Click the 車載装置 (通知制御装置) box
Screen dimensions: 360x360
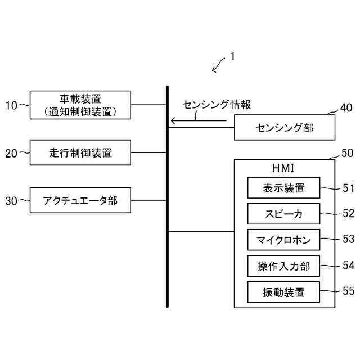click(80, 105)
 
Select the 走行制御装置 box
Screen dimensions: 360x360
click(80, 152)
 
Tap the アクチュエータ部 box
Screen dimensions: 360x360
click(80, 200)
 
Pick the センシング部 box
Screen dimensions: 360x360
click(285, 128)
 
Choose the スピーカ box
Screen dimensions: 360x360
click(283, 214)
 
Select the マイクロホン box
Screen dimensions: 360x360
click(283, 239)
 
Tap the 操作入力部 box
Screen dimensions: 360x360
click(283, 265)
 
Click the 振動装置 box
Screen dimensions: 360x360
click(283, 291)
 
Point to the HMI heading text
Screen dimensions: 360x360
click(283, 168)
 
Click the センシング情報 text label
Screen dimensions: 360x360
click(217, 105)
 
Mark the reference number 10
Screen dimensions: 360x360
click(11, 105)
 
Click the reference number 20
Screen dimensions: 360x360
click(11, 152)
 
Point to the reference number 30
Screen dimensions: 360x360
click(11, 200)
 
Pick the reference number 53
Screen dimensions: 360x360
click(349, 239)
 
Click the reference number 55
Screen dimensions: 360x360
click(349, 291)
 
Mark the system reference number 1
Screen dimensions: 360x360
click(232, 57)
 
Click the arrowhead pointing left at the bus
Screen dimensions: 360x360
click(173, 120)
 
